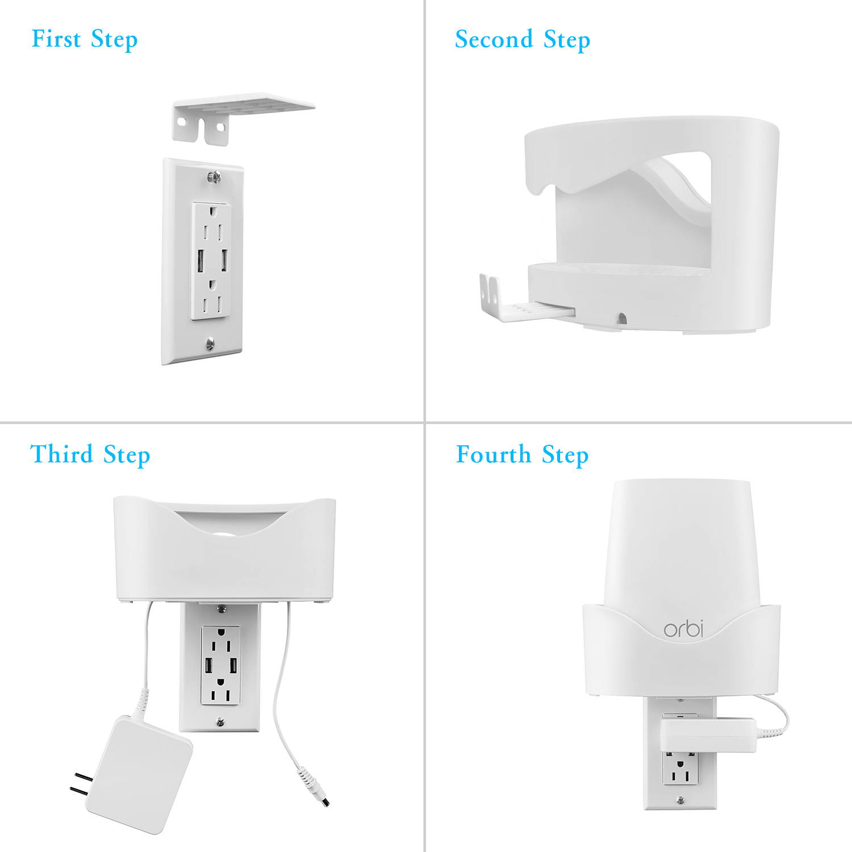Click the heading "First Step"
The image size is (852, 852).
(85, 40)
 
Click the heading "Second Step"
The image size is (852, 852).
(523, 40)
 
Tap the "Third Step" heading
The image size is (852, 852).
(90, 455)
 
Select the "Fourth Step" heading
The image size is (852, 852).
(522, 455)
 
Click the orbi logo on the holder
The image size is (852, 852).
(683, 629)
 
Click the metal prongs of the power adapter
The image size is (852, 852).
(80, 783)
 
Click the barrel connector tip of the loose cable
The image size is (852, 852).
(324, 801)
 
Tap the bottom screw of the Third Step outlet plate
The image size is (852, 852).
(220, 722)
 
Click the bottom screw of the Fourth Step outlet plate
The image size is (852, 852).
(680, 800)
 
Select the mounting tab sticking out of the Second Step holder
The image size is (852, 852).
(511, 301)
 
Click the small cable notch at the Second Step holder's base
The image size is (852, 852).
(621, 319)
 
